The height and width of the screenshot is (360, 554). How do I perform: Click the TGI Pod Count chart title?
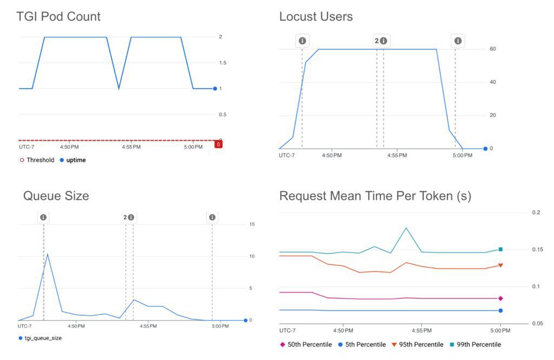click(x=58, y=17)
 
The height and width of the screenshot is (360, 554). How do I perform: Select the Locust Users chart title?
click(x=316, y=17)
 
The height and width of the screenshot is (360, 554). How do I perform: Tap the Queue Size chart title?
click(x=56, y=196)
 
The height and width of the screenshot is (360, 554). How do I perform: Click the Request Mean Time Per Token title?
click(x=375, y=196)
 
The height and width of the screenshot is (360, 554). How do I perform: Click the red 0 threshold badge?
click(x=218, y=144)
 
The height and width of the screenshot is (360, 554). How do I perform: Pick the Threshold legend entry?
click(x=36, y=160)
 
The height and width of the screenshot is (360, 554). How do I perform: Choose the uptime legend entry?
click(x=72, y=160)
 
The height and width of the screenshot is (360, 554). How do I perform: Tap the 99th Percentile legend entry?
click(x=475, y=344)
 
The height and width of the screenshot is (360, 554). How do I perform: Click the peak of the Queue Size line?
click(x=47, y=254)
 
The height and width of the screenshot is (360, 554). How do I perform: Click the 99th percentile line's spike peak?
click(x=406, y=228)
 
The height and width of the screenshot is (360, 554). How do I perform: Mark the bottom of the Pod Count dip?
click(x=119, y=89)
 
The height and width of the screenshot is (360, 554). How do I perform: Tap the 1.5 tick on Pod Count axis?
click(x=222, y=63)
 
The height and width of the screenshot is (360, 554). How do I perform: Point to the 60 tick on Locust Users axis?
click(x=492, y=49)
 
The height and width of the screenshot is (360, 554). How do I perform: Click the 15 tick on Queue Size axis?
click(x=251, y=224)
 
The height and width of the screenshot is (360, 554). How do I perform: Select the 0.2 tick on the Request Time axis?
click(x=536, y=213)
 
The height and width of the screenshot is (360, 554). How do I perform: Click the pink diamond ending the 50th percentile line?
click(x=500, y=298)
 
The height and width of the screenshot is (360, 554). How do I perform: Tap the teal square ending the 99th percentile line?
click(x=500, y=249)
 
